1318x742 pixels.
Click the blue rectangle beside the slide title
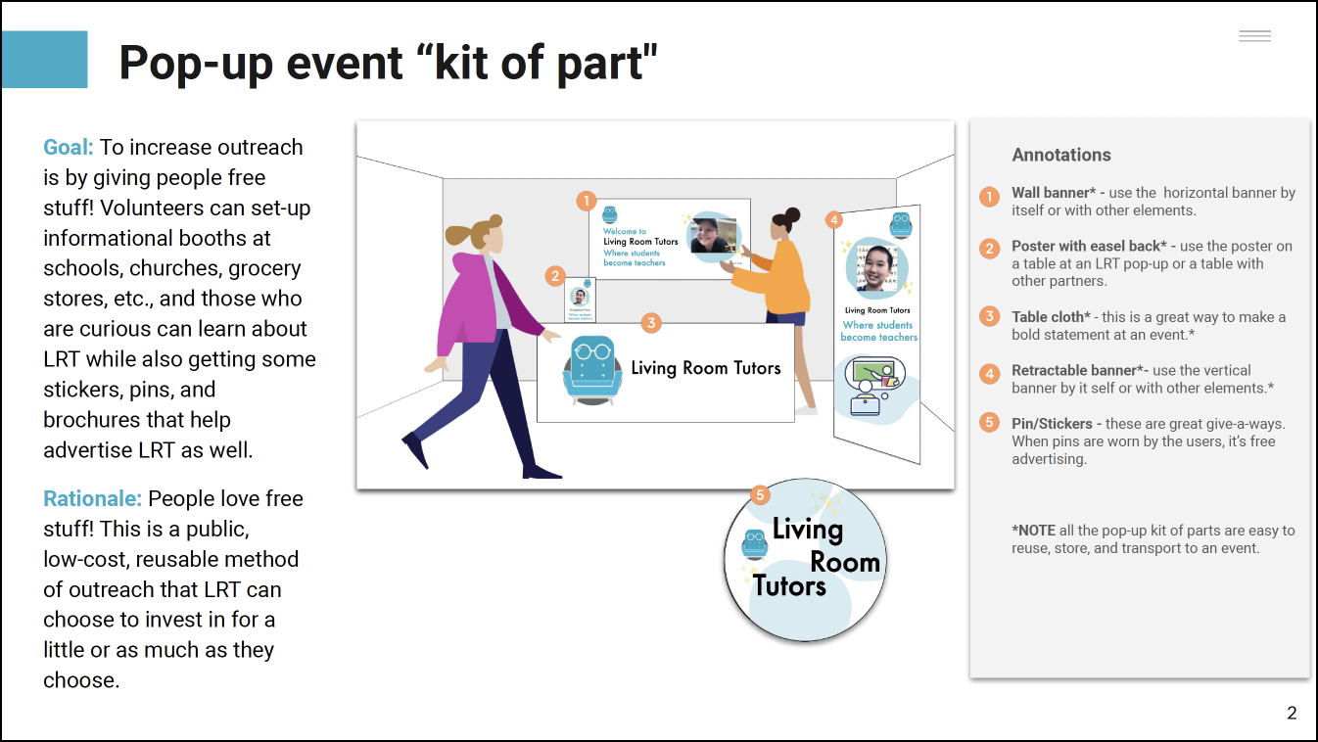tap(44, 60)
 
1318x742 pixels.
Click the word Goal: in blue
tap(69, 148)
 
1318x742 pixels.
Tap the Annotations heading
tap(1061, 155)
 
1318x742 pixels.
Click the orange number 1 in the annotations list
tap(990, 196)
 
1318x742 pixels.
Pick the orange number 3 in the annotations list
tap(990, 317)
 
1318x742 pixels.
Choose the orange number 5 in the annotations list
tap(990, 424)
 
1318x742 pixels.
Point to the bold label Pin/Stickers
tap(1051, 424)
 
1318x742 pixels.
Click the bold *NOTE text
tap(1034, 531)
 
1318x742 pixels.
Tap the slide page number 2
tap(1292, 714)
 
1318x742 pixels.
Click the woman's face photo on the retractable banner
tap(876, 266)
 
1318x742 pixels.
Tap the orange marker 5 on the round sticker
tap(761, 495)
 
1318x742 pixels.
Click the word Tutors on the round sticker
tap(789, 586)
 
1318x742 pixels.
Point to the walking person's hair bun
tap(457, 235)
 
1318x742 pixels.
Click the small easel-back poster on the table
tap(581, 300)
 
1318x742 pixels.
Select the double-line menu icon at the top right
tap(1254, 36)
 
